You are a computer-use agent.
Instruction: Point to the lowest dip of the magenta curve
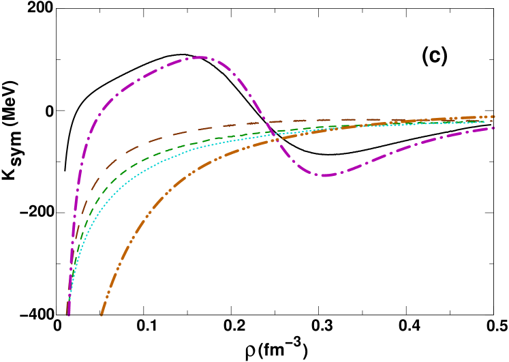323,175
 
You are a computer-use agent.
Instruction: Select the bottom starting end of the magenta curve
69,314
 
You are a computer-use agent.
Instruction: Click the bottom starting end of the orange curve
102,314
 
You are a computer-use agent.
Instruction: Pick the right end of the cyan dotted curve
485,122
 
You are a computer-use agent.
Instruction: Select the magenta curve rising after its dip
395,153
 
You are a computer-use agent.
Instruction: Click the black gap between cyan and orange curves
150,184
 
